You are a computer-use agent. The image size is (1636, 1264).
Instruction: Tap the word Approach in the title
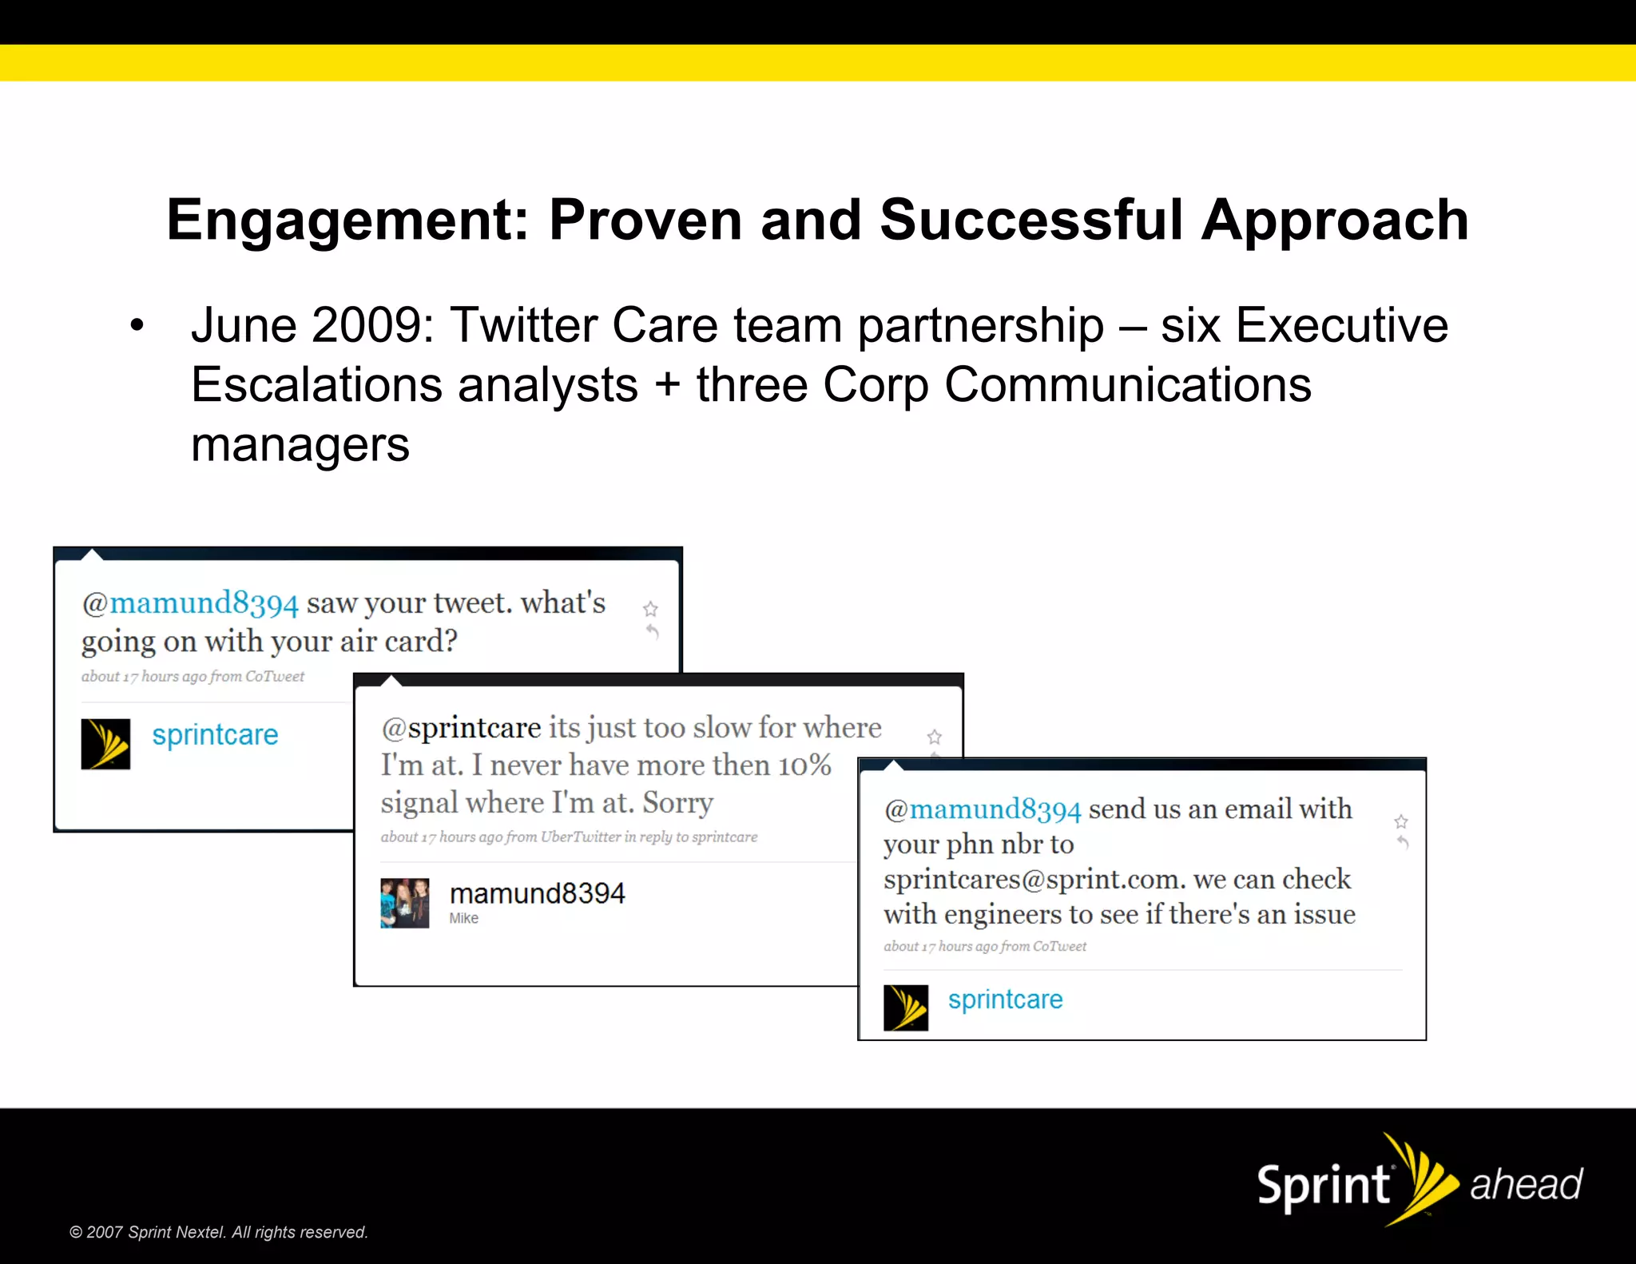(1335, 221)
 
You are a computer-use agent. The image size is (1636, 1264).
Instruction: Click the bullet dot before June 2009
(137, 326)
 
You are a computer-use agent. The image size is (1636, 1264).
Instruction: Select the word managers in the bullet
(300, 445)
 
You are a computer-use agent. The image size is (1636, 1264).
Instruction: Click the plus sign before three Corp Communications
(667, 385)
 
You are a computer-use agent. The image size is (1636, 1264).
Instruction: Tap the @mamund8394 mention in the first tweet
(190, 603)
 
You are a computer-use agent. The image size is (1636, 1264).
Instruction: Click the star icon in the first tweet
(650, 610)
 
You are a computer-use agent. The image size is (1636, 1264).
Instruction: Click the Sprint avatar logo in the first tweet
(105, 744)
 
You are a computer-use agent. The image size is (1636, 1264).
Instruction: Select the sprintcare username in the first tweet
(215, 734)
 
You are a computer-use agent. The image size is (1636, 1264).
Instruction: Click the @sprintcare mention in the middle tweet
(462, 728)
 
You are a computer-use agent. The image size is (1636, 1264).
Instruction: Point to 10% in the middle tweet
(805, 765)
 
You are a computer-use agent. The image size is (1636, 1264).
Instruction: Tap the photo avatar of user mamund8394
(405, 903)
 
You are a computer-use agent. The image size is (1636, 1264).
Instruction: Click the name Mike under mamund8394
(463, 919)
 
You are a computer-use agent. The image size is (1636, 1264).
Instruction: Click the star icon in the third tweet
(1401, 821)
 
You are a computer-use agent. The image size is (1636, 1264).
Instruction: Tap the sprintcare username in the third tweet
(1005, 1000)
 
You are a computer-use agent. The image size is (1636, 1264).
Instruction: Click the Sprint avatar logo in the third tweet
(906, 1008)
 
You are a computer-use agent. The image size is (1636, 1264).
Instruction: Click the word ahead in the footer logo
(1525, 1184)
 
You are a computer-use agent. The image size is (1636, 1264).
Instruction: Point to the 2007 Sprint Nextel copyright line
(219, 1232)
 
